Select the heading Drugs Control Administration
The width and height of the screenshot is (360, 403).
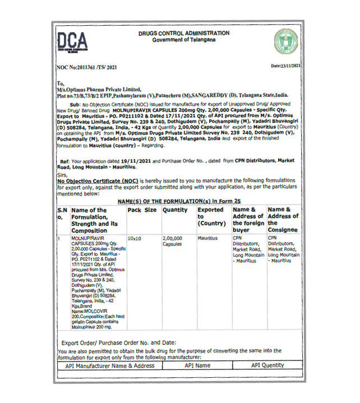(x=183, y=34)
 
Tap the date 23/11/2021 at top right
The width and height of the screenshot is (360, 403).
(x=286, y=66)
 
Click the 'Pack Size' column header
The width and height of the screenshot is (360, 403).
(x=142, y=210)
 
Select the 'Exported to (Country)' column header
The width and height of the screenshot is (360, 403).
(x=211, y=217)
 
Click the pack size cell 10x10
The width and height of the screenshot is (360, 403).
(x=135, y=238)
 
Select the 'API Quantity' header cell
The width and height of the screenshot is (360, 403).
(x=268, y=365)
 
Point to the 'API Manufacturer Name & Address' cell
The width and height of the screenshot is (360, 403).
(x=109, y=365)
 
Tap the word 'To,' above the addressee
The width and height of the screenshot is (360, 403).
(x=62, y=83)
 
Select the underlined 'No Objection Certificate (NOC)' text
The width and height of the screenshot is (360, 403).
(x=97, y=182)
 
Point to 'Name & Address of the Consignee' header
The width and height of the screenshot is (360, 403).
(x=283, y=220)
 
